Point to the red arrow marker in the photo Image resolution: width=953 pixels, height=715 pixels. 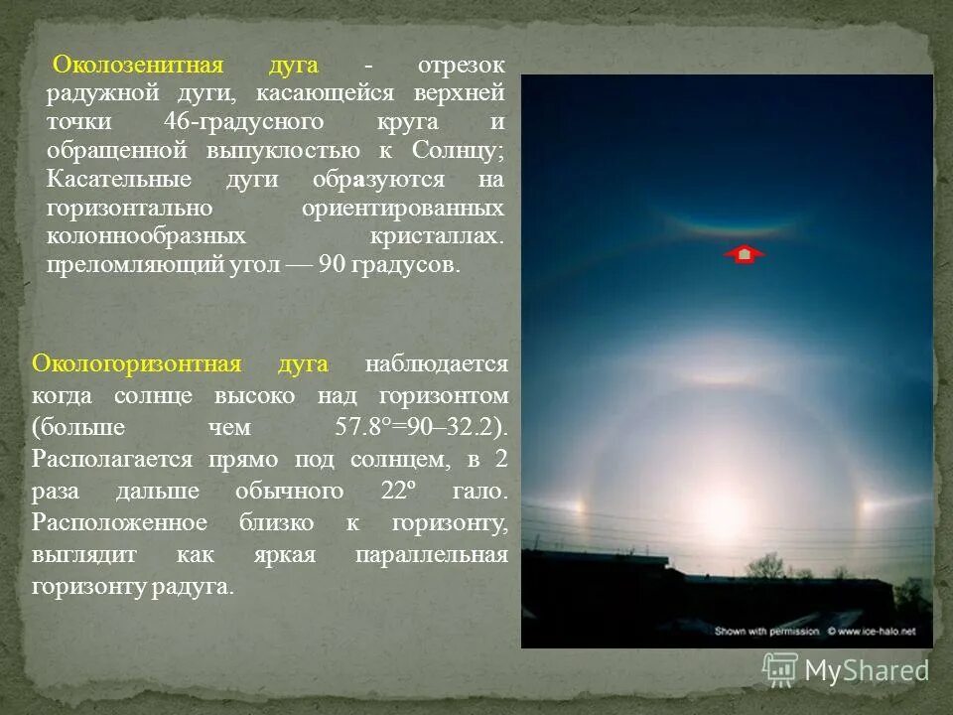744,255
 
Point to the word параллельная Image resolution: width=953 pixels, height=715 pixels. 431,555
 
